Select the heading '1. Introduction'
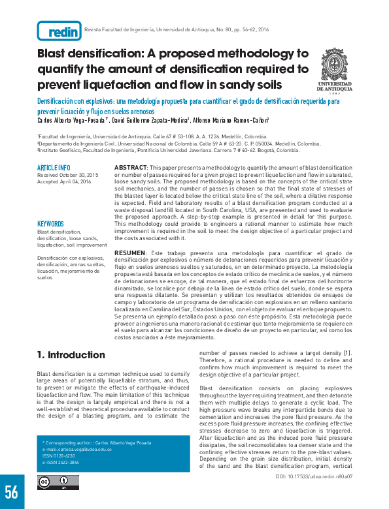point(71,355)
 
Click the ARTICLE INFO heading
point(54,168)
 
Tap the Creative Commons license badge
point(56,482)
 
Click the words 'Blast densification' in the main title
point(92,53)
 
